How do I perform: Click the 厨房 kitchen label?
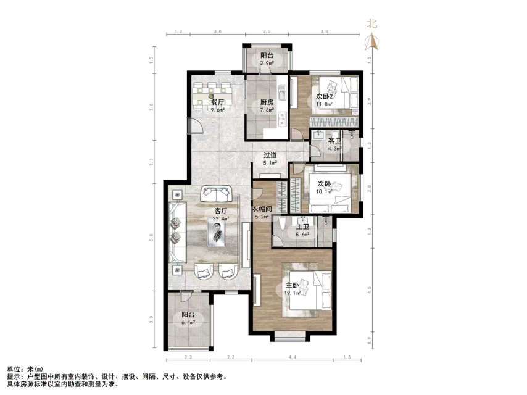267,102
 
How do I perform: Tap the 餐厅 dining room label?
217,102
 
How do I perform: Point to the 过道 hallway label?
270,156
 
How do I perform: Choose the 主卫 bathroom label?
301,227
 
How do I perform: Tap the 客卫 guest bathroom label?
334,141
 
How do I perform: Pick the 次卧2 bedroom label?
325,96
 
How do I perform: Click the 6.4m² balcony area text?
188,322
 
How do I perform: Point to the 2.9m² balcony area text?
267,63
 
